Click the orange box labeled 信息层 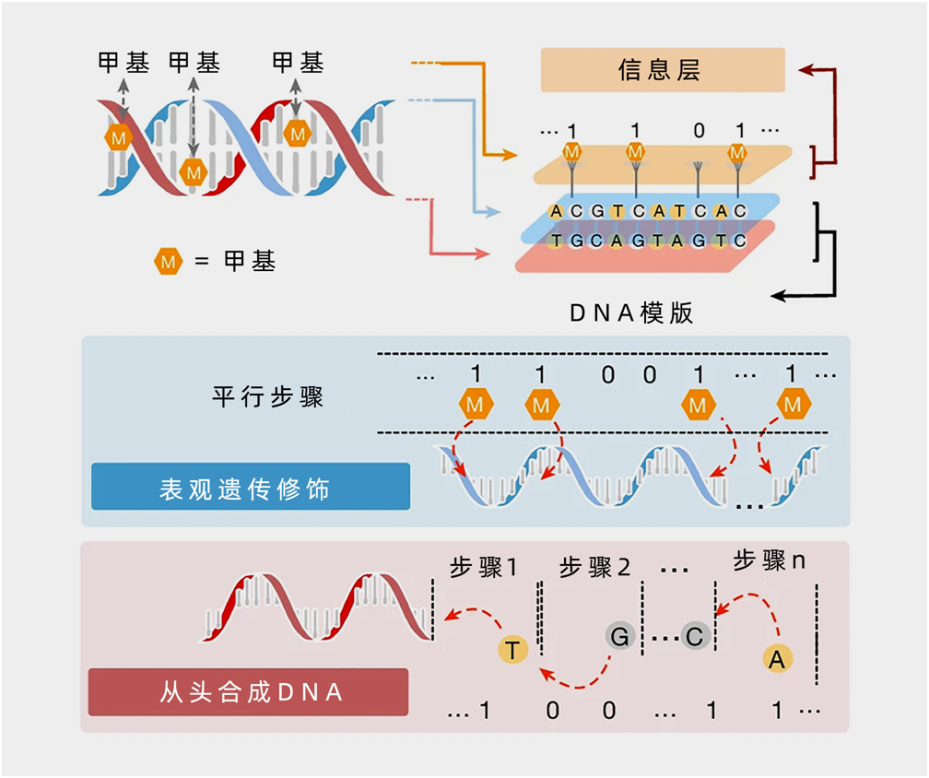662,70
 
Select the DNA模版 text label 631,312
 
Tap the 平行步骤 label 267,398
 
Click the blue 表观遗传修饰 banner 250,487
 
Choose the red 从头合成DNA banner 248,691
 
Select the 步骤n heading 770,560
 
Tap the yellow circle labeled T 513,650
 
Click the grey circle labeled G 619,635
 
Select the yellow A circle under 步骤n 778,658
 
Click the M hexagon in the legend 168,262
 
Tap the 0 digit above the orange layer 699,131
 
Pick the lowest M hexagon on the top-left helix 193,171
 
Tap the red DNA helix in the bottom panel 318,608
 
